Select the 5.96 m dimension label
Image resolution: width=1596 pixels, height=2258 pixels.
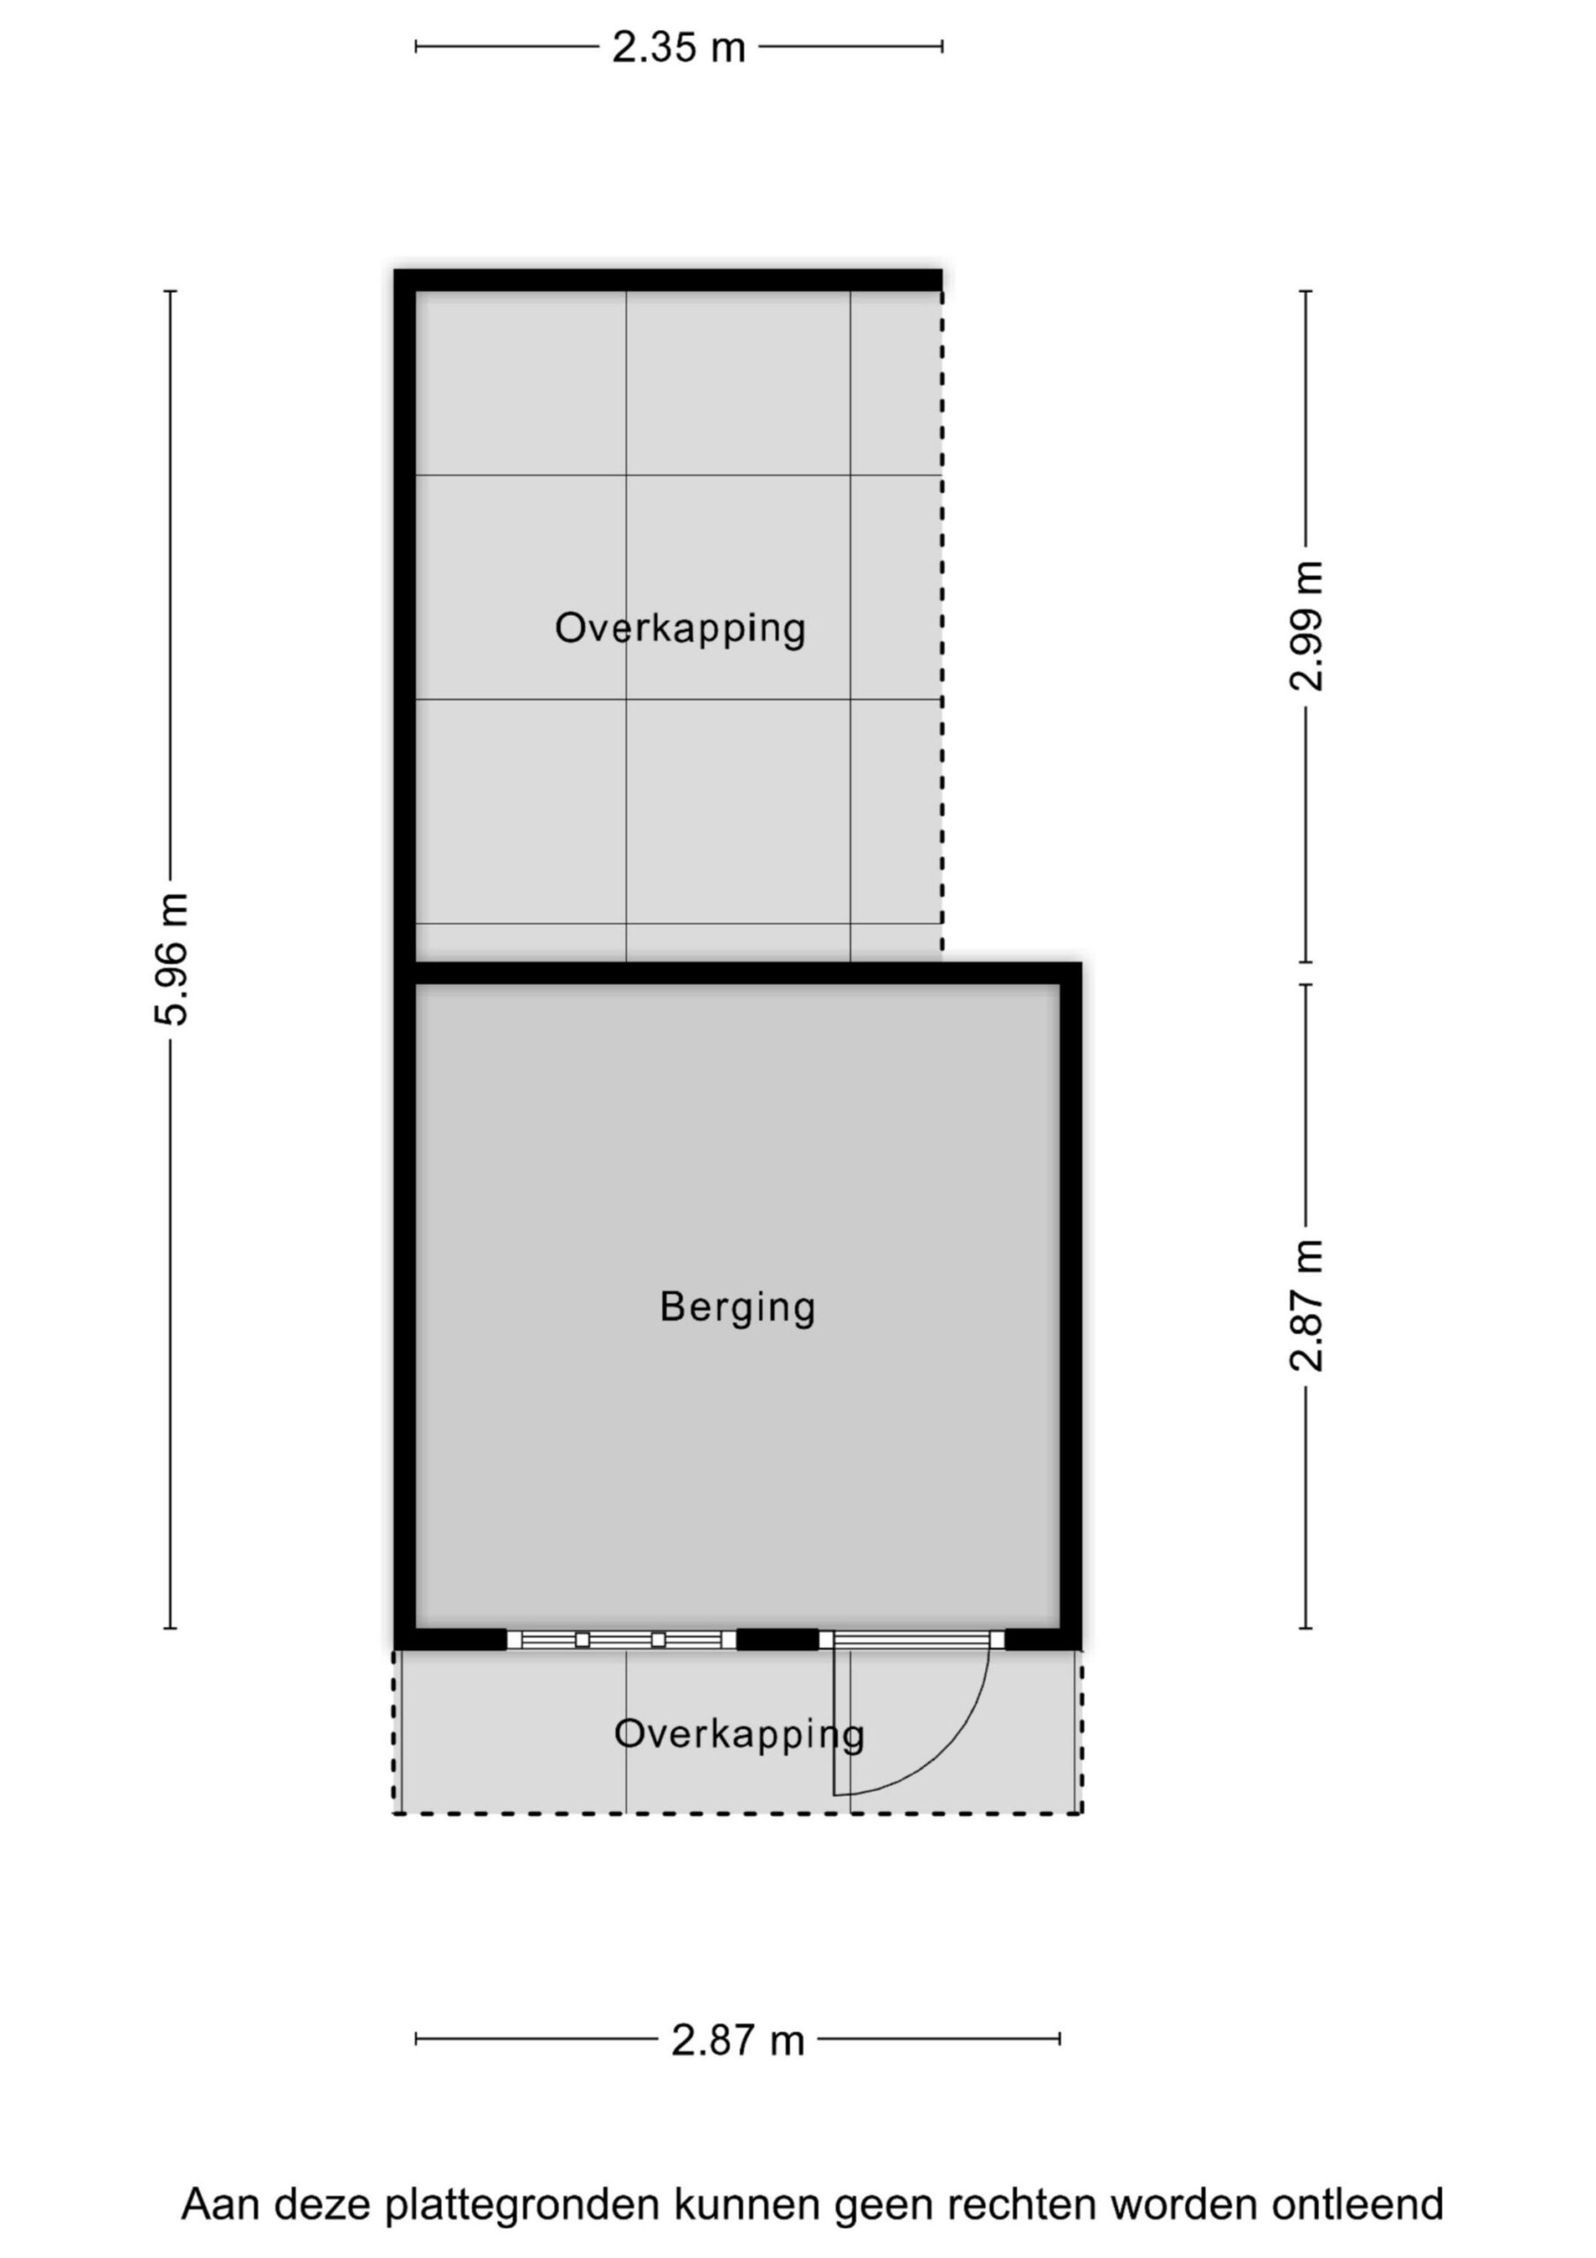pyautogui.click(x=172, y=959)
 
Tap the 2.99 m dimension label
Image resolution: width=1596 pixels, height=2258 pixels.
pyautogui.click(x=1307, y=626)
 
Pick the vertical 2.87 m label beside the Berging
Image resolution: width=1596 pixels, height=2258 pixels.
pyautogui.click(x=1307, y=1305)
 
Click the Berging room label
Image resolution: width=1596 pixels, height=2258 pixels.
pyautogui.click(x=737, y=1307)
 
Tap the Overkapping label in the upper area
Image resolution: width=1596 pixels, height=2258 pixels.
pyautogui.click(x=681, y=628)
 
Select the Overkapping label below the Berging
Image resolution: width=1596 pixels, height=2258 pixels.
pyautogui.click(x=740, y=1734)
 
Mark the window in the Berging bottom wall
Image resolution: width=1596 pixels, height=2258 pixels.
pyautogui.click(x=622, y=1640)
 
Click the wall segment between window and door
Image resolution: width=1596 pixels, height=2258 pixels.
pyautogui.click(x=778, y=1640)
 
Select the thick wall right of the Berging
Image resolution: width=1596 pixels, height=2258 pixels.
pyautogui.click(x=1070, y=1306)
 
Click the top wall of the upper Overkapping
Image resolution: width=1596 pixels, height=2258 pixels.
pyautogui.click(x=668, y=280)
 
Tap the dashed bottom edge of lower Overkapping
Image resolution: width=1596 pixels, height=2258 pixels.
pyautogui.click(x=737, y=1813)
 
